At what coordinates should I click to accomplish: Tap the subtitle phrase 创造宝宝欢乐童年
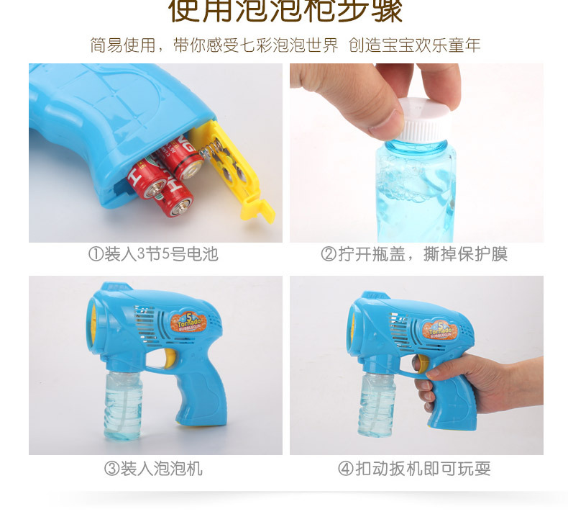pos(415,45)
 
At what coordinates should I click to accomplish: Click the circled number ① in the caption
pos(96,254)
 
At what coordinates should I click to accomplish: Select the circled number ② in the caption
pos(329,254)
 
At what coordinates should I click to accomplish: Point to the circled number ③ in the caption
pos(111,469)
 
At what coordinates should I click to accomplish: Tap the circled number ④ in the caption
pos(346,469)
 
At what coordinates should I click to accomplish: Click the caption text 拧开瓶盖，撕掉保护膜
pos(423,254)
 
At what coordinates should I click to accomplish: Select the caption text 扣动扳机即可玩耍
pos(423,469)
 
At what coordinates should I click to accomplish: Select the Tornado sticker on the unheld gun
pos(191,324)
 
